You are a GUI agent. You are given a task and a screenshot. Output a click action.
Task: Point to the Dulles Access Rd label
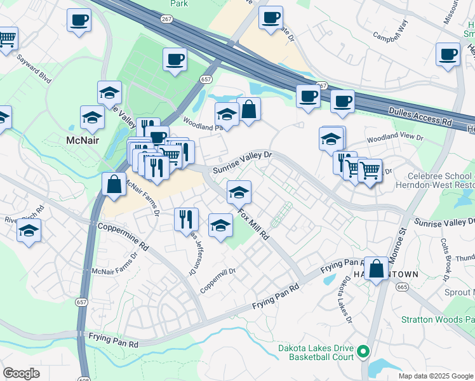click(x=420, y=119)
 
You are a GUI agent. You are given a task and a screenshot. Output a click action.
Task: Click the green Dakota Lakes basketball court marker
click(x=363, y=351)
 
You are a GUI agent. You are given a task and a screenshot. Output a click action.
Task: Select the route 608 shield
click(x=81, y=377)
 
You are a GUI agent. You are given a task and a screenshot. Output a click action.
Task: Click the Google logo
click(x=21, y=374)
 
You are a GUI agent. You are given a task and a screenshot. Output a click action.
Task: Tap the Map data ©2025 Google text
click(x=434, y=376)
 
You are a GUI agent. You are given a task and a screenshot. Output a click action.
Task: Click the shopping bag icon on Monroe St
click(x=377, y=269)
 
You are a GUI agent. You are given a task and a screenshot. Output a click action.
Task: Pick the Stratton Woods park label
click(x=438, y=319)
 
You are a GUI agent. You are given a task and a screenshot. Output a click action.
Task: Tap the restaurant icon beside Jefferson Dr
click(x=186, y=219)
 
